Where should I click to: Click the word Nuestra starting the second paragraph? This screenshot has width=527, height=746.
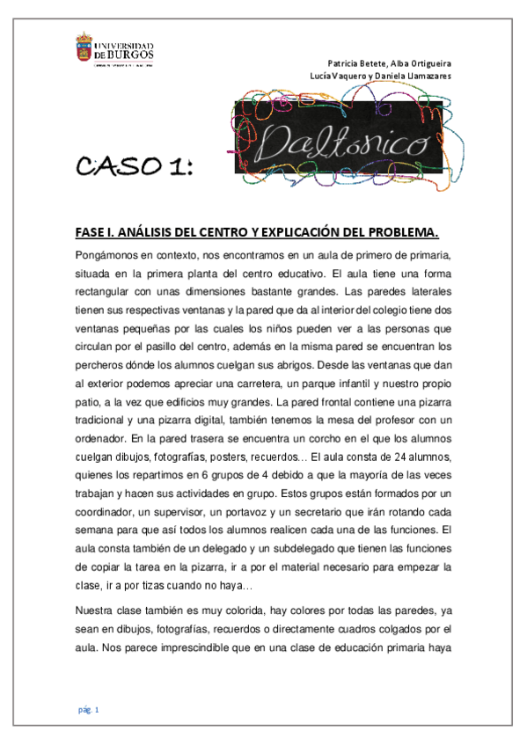(96, 610)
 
